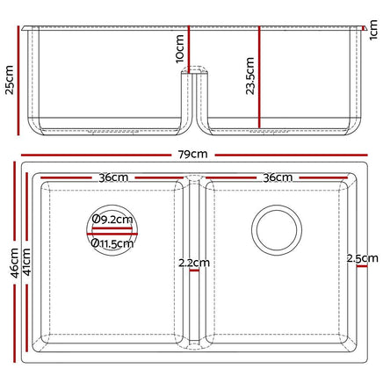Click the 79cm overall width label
(x=191, y=154)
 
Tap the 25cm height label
(x=9, y=79)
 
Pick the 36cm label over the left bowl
(x=113, y=177)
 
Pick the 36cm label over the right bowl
(x=278, y=177)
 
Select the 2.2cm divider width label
(x=193, y=263)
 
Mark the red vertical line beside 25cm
(x=19, y=79)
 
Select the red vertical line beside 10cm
(x=188, y=44)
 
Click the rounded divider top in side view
(x=195, y=70)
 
